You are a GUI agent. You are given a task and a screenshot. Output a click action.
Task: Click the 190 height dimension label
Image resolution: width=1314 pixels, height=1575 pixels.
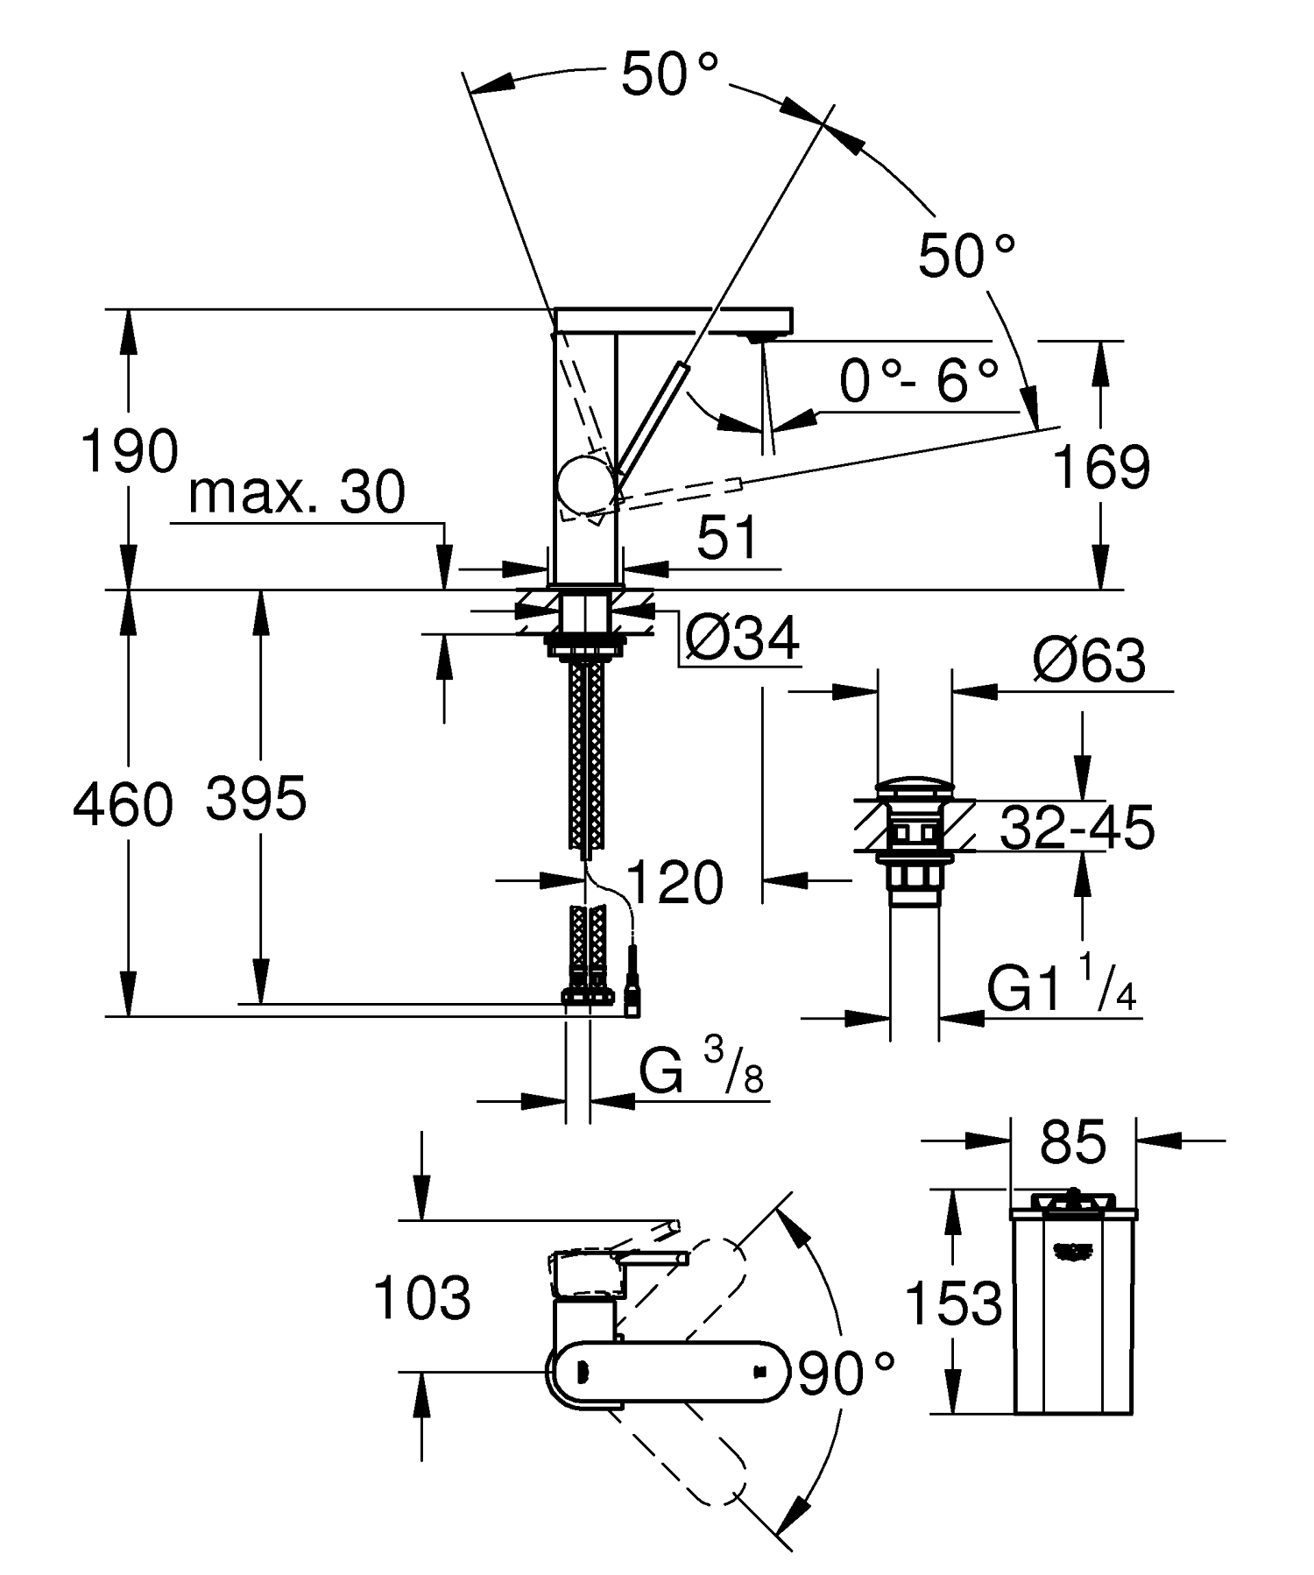[x=129, y=452]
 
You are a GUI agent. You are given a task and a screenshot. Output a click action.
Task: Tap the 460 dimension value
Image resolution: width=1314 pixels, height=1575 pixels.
[x=123, y=806]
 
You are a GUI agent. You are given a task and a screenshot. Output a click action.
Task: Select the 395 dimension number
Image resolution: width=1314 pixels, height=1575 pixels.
[x=256, y=799]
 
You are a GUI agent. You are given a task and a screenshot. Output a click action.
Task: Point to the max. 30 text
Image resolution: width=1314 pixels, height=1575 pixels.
[x=297, y=492]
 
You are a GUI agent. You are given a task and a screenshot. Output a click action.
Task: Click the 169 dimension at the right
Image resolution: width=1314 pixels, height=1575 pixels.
[x=1100, y=467]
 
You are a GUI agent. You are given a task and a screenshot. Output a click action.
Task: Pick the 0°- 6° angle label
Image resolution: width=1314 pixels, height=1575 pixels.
[x=919, y=382]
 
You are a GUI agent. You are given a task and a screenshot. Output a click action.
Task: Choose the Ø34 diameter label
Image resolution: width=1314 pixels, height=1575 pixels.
[x=742, y=639]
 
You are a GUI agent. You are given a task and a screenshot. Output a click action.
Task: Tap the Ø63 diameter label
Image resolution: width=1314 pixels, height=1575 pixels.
[x=1089, y=661]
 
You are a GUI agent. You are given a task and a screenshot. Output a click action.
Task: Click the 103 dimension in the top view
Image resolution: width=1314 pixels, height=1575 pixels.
[x=421, y=1298]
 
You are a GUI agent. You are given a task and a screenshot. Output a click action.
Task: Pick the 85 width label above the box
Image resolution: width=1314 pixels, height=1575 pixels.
[x=1073, y=1142]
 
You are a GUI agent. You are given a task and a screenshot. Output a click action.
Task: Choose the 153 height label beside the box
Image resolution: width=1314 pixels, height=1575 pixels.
[x=953, y=1303]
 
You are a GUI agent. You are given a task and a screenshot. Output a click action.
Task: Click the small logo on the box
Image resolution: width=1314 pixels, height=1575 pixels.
[x=1074, y=1252]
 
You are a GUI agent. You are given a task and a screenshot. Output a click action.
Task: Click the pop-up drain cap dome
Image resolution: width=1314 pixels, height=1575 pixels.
[x=913, y=784]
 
